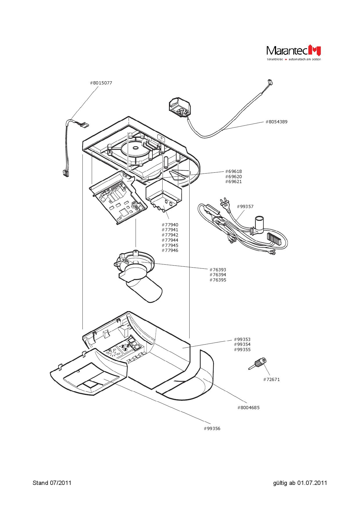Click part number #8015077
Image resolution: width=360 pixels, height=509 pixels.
pyautogui.click(x=101, y=83)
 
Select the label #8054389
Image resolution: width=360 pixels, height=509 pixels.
pyautogui.click(x=276, y=122)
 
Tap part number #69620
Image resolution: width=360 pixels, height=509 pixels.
pyautogui.click(x=233, y=177)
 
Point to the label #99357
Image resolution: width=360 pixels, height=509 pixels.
pyautogui.click(x=245, y=207)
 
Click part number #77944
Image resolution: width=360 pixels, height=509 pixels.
pyautogui.click(x=170, y=240)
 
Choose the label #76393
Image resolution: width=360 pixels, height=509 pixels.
pyautogui.click(x=218, y=270)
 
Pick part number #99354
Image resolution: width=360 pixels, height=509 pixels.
pyautogui.click(x=242, y=344)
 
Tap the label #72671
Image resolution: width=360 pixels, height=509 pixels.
pyautogui.click(x=271, y=380)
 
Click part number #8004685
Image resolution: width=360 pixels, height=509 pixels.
pyautogui.click(x=249, y=407)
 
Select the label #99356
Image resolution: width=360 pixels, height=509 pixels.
pyautogui.click(x=212, y=429)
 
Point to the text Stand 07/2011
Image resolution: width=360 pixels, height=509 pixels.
pyautogui.click(x=52, y=483)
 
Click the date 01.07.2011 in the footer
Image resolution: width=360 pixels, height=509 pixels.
pyautogui.click(x=312, y=483)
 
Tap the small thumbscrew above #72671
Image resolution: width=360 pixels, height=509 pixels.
pyautogui.click(x=258, y=364)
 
